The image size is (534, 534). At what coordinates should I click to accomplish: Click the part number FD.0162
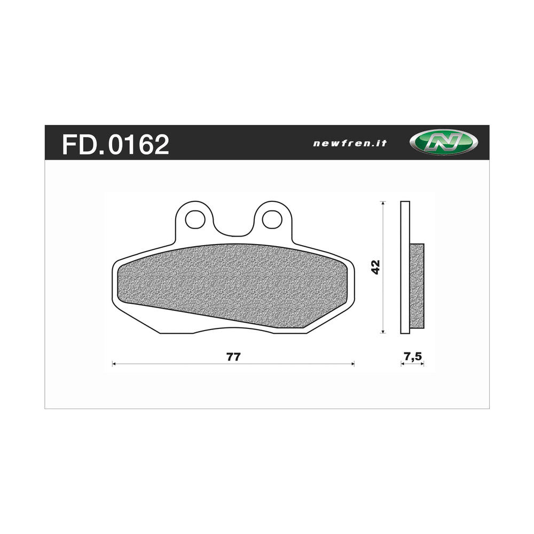[x=115, y=144]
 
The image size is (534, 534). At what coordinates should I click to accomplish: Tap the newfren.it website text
[x=349, y=143]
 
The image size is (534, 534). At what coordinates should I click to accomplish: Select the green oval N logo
[x=443, y=143]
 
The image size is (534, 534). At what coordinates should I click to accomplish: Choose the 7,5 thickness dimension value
[x=412, y=357]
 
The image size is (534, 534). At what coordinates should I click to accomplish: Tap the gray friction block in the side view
[x=417, y=286]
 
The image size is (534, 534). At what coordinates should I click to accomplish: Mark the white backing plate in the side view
[x=405, y=224]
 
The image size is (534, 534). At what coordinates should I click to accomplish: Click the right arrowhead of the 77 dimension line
[x=352, y=364]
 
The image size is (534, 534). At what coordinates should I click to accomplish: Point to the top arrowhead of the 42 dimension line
[x=383, y=203]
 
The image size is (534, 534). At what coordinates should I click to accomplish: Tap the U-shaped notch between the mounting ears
[x=233, y=227]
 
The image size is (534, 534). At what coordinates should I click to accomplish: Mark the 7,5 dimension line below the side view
[x=412, y=364]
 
